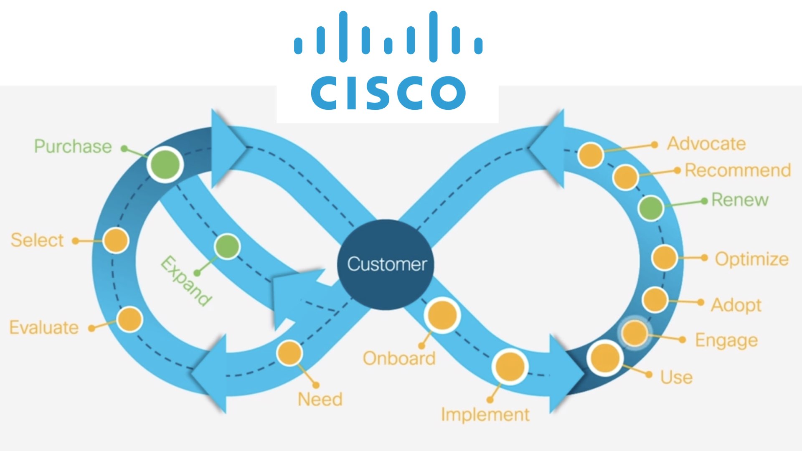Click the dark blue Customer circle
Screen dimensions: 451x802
(x=386, y=264)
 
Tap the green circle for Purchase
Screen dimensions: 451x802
(x=165, y=164)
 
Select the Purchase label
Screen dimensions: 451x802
(x=73, y=146)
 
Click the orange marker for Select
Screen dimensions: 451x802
(x=116, y=240)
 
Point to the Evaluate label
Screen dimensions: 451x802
(x=44, y=327)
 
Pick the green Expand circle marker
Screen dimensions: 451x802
(x=227, y=246)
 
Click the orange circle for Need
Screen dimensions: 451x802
(x=289, y=353)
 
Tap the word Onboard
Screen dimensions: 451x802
(x=399, y=358)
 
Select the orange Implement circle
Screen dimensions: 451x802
(x=510, y=367)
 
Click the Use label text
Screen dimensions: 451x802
(x=676, y=377)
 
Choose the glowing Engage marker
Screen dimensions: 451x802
(x=634, y=333)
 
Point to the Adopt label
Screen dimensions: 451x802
(x=736, y=305)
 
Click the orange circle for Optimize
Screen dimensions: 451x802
(x=664, y=257)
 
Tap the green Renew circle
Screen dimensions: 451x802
(x=651, y=207)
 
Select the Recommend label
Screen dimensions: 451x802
(x=738, y=170)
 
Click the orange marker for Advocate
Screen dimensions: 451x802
(x=591, y=155)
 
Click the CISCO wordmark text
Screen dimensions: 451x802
(x=388, y=93)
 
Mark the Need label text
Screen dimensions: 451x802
(x=320, y=399)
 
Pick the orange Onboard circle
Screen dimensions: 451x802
(x=442, y=315)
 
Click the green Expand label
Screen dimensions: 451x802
(x=186, y=281)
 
